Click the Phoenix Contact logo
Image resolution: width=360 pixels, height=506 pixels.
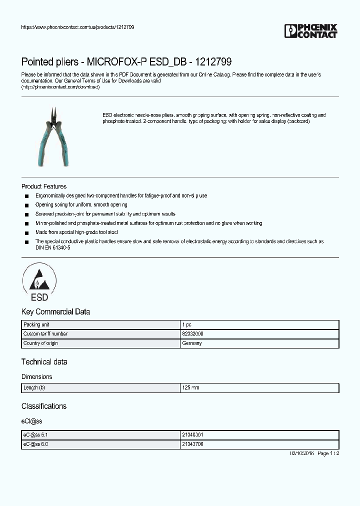[310, 31]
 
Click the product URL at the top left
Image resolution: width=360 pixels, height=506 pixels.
[77, 27]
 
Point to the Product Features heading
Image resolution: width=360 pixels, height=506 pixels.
[44, 186]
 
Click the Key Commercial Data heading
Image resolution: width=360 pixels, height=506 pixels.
[55, 311]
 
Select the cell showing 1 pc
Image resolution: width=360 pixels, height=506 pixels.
[186, 324]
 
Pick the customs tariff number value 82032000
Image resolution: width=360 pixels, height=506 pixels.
[192, 333]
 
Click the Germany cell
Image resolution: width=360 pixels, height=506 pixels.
[191, 343]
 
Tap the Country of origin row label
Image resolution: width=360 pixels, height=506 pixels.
[40, 343]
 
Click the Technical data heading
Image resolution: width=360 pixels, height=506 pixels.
[44, 361]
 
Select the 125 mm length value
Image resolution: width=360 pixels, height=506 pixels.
[190, 388]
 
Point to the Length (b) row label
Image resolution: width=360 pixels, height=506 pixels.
[34, 388]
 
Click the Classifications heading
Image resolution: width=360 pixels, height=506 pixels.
[44, 406]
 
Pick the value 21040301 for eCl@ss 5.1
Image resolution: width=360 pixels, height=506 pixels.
[192, 435]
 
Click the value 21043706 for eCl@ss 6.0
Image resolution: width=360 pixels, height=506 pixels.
[192, 444]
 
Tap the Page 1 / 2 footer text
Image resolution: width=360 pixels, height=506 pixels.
[328, 453]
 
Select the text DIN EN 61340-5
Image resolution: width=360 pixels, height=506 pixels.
[49, 247]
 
